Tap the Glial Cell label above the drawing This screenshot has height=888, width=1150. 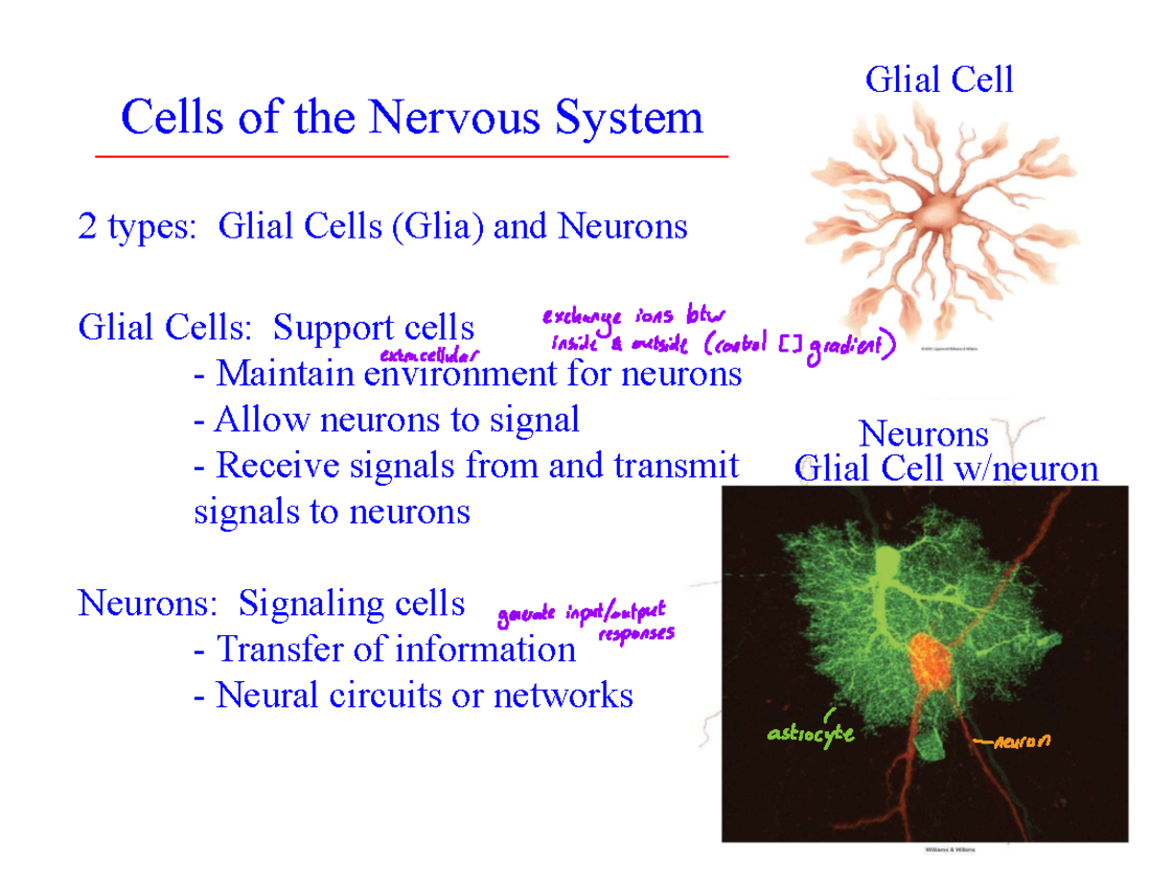tap(939, 80)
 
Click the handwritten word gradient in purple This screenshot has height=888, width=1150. tap(852, 350)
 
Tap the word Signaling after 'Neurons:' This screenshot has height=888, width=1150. tap(296, 603)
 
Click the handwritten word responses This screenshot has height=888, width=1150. tap(636, 634)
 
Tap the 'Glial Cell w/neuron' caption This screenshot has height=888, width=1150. tap(947, 468)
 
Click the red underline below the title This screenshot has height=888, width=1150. tap(412, 155)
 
